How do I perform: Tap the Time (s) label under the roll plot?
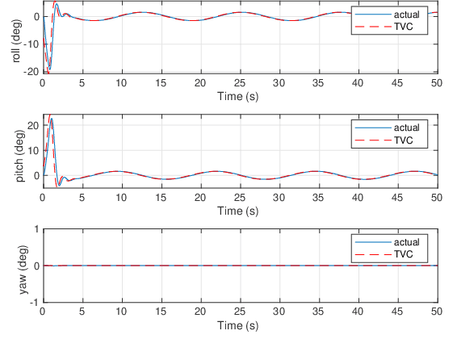tap(238, 95)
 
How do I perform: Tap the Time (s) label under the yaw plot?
tap(238, 326)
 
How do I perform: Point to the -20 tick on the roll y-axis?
tap(32, 72)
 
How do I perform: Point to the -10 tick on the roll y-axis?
tap(32, 44)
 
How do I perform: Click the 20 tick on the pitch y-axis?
tap(34, 125)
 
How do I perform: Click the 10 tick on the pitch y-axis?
tap(34, 150)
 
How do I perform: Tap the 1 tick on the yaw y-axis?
tap(36, 229)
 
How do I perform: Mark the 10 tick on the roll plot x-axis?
tap(121, 82)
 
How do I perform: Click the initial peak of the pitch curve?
tap(52, 119)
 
